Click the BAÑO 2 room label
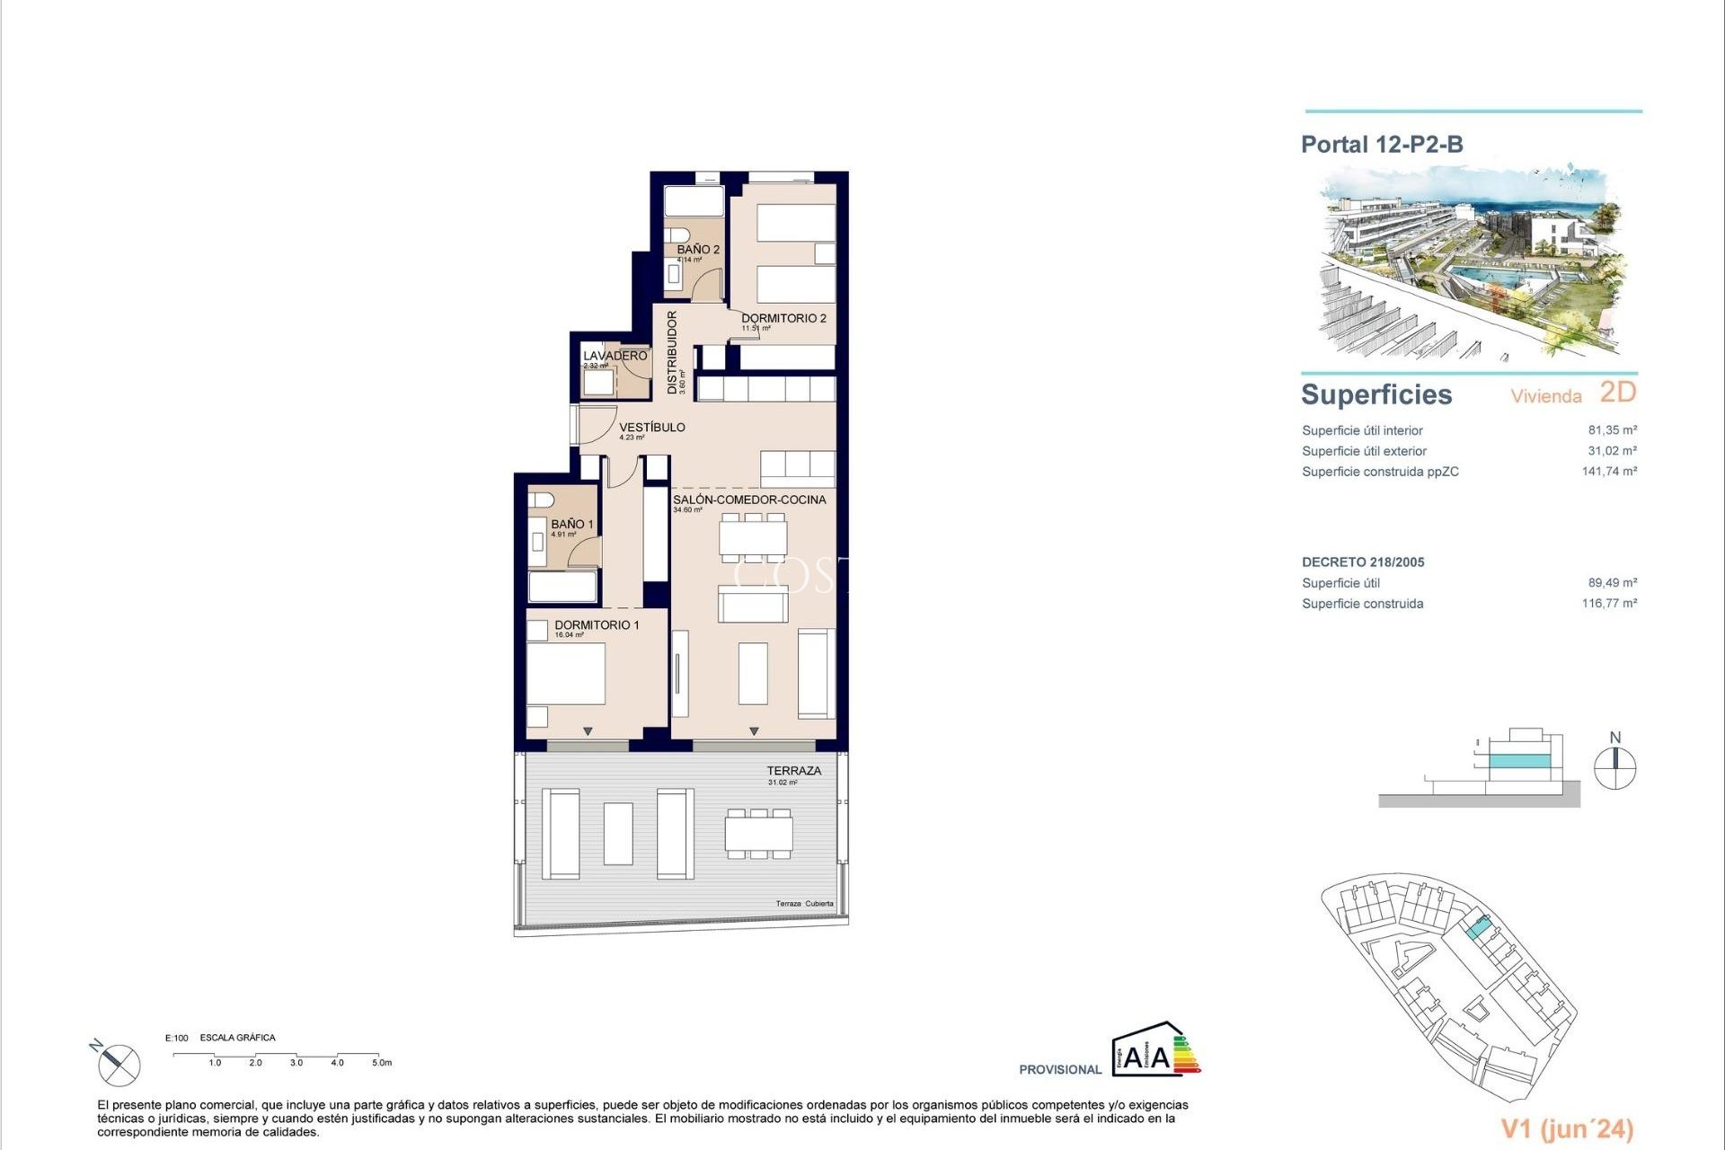[x=698, y=250]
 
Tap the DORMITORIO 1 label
[x=597, y=625]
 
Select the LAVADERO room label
[x=615, y=356]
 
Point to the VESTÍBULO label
[x=651, y=428]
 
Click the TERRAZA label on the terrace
[x=793, y=771]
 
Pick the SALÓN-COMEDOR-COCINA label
[x=749, y=500]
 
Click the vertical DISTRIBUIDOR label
[x=672, y=352]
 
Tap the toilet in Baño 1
[x=540, y=500]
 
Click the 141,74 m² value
[x=1609, y=472]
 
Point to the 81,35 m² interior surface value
[x=1612, y=430]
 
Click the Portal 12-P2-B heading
[x=1382, y=145]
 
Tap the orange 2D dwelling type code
[x=1618, y=393]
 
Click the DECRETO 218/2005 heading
[x=1363, y=562]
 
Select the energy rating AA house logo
[x=1155, y=1049]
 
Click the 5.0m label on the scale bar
[x=382, y=1063]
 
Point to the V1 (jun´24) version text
[x=1567, y=1128]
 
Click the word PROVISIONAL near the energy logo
[x=1060, y=1070]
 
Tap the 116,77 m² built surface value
[x=1609, y=604]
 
